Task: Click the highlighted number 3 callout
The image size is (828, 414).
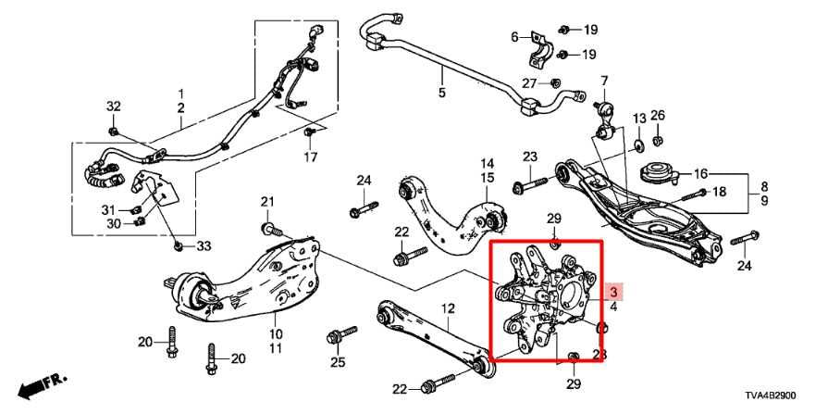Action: point(612,291)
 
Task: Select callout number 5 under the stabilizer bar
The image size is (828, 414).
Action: point(441,94)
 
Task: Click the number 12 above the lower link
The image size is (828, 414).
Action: point(448,307)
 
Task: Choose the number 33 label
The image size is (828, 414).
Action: point(204,245)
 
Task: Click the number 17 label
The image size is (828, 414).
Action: point(312,157)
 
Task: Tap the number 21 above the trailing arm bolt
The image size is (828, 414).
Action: point(268,203)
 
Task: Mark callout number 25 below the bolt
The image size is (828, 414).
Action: point(338,361)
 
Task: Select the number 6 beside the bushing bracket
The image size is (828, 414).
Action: point(515,37)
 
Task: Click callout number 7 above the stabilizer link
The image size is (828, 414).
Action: point(604,81)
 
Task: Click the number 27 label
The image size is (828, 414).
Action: point(528,84)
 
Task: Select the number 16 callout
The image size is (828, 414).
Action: point(700,173)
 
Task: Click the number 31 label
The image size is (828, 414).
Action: point(109,207)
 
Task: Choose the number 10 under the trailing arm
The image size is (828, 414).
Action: point(276,333)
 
